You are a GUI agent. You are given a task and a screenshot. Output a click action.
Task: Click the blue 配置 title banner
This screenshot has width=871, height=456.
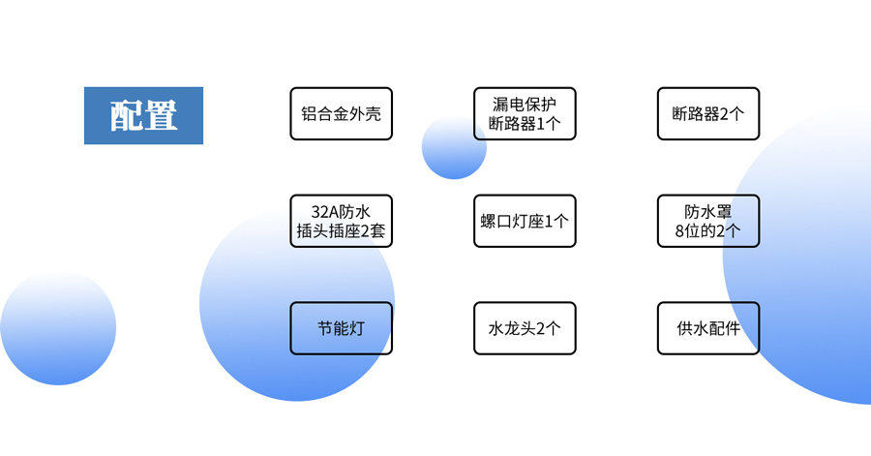coord(143,115)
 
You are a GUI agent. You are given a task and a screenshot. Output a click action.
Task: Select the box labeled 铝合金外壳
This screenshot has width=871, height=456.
coord(341,113)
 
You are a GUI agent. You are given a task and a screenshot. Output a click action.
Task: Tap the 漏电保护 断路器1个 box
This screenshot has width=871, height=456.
coord(525,113)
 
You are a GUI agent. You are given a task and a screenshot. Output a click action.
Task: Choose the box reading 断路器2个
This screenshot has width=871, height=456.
coord(707,113)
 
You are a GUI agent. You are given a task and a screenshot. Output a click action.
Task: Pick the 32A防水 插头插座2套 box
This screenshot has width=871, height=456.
coord(341,221)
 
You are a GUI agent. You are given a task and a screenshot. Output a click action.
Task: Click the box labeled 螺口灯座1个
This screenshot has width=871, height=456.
coord(525,221)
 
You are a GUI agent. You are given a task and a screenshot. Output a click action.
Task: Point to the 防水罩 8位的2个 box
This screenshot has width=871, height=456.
coord(707,221)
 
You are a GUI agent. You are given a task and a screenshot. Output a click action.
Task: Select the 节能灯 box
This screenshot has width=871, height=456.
coord(341,328)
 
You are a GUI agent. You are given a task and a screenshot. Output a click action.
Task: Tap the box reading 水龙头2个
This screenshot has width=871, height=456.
coord(525,328)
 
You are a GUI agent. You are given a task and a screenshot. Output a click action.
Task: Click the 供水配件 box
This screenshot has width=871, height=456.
coord(707,328)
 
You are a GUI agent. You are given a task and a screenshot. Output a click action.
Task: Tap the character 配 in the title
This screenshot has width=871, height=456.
coord(126,115)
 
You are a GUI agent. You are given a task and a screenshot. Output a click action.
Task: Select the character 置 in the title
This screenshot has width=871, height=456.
coord(161,115)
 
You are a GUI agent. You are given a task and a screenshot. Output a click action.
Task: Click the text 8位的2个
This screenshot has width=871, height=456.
coord(707,231)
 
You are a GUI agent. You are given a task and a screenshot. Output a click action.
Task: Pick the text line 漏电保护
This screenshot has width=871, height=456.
coord(525,103)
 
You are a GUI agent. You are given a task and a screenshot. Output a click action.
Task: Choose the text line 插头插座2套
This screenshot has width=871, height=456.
coord(341,231)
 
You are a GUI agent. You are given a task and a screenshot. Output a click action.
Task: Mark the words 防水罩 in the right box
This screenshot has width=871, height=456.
coord(707,211)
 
